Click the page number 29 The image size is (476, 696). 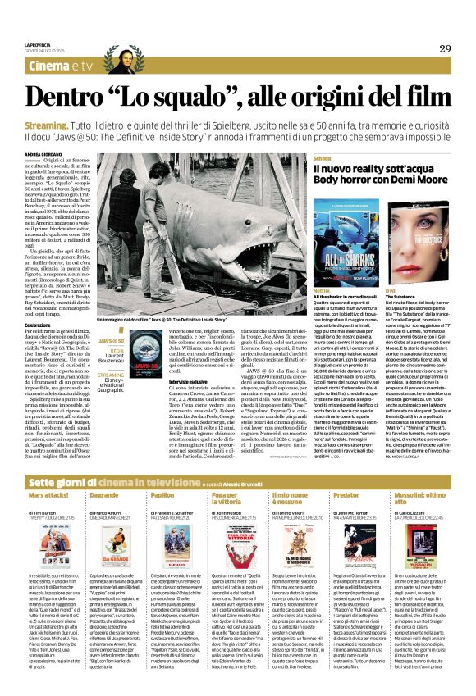click(x=445, y=48)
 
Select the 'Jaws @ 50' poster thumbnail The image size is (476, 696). click(x=144, y=352)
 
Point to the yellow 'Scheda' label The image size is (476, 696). click(x=323, y=157)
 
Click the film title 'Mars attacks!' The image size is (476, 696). click(x=48, y=473)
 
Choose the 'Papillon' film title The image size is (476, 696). click(x=162, y=473)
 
